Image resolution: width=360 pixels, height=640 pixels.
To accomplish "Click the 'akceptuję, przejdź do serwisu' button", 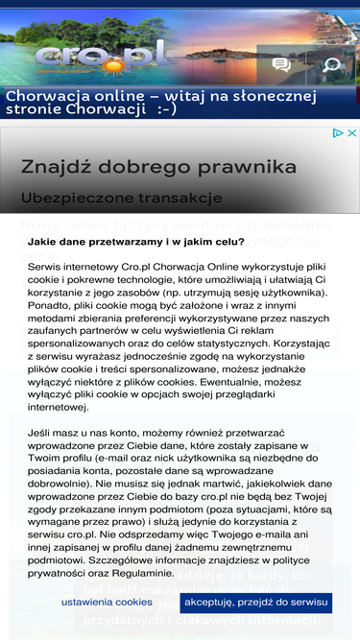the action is [255, 602].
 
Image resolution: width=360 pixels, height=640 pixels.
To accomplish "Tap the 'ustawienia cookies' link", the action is [107, 602].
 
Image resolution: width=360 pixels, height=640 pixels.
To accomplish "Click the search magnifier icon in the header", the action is [331, 65].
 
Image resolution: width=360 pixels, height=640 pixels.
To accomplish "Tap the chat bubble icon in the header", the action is [281, 65].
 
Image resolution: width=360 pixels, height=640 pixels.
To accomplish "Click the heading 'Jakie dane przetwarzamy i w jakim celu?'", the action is [135, 242].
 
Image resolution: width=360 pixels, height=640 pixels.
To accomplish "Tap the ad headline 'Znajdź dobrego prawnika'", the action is [158, 167].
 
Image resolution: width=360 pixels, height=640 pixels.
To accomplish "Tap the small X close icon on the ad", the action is [351, 133].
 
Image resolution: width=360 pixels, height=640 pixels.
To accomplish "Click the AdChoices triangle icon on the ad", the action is [338, 133].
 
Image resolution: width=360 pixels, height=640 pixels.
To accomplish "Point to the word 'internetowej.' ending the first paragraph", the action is [60, 407].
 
